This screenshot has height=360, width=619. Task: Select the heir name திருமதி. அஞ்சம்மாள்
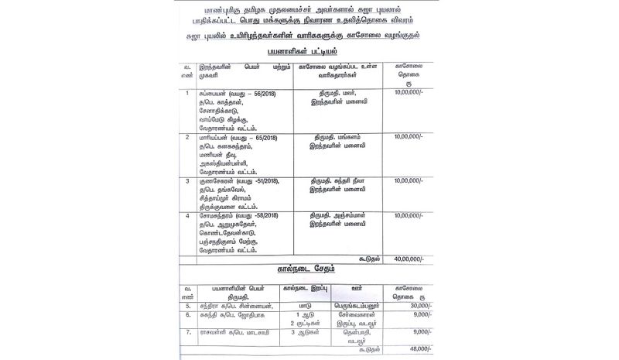(x=345, y=212)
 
